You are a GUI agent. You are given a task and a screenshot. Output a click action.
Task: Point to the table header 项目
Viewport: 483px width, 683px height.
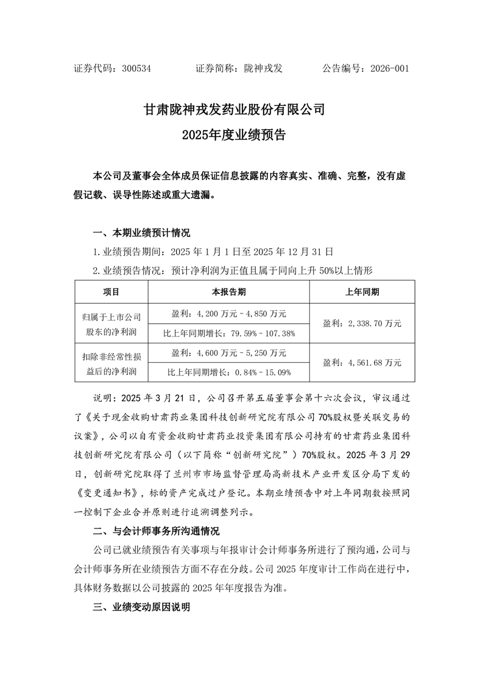pyautogui.click(x=111, y=292)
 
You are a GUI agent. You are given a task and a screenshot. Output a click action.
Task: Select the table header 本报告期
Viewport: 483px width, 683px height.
pyautogui.click(x=229, y=292)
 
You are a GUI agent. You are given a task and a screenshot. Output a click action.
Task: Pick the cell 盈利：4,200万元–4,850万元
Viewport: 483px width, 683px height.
pyautogui.click(x=229, y=313)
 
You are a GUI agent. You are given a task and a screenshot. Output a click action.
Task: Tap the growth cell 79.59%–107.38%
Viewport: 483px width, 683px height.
pyautogui.click(x=229, y=333)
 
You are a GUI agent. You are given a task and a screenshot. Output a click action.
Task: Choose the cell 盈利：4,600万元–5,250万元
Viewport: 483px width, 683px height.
pyautogui.click(x=229, y=352)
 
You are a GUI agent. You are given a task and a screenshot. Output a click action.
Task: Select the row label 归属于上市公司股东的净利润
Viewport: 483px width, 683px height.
pyautogui.click(x=111, y=324)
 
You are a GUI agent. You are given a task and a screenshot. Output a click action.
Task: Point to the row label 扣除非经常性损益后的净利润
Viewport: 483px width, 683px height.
pyautogui.click(x=111, y=362)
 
